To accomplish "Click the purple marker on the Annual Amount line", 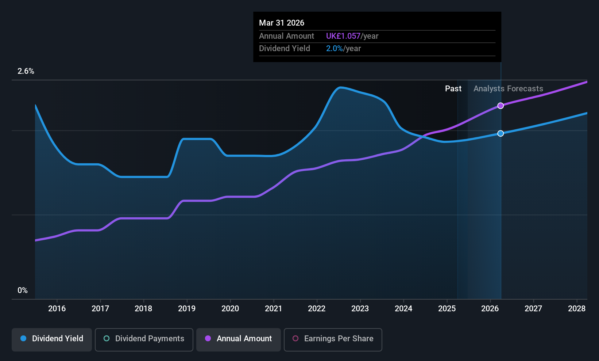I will pyautogui.click(x=501, y=106).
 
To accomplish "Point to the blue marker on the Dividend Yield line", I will pyautogui.click(x=501, y=133).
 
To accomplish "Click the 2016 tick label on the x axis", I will pyautogui.click(x=57, y=309).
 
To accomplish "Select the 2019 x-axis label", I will pyautogui.click(x=187, y=309).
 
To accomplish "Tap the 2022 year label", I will pyautogui.click(x=317, y=309).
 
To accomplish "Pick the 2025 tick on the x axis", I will pyautogui.click(x=447, y=309).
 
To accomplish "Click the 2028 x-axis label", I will pyautogui.click(x=577, y=309).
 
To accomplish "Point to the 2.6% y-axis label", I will pyautogui.click(x=26, y=71).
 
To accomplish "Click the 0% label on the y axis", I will pyautogui.click(x=23, y=290).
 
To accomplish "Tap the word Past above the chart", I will pyautogui.click(x=453, y=89).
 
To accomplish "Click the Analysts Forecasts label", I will pyautogui.click(x=508, y=89).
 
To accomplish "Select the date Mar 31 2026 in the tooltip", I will pyautogui.click(x=282, y=23).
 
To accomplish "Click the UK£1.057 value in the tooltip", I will pyautogui.click(x=343, y=36).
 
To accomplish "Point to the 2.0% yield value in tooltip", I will pyautogui.click(x=334, y=49).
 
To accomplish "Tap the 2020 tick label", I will pyautogui.click(x=230, y=309).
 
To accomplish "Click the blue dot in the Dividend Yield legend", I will pyautogui.click(x=23, y=339).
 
